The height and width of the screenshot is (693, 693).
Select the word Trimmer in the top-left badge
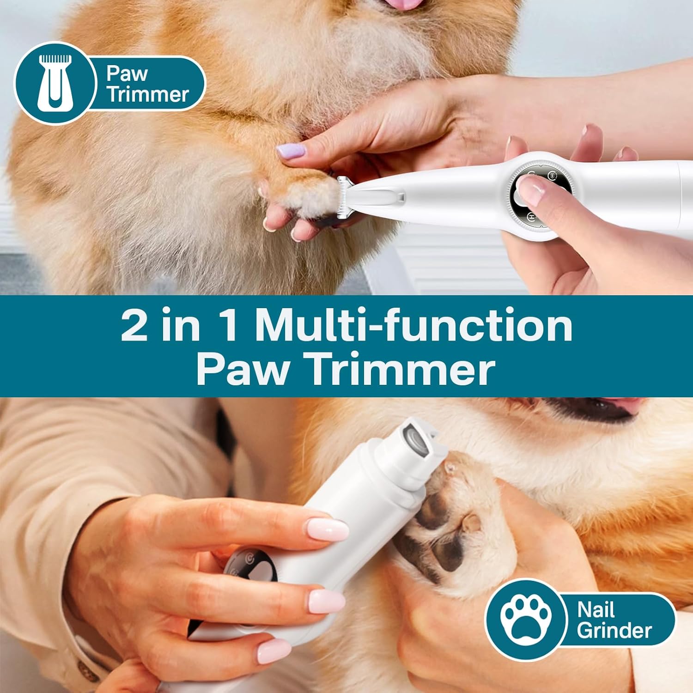pyautogui.click(x=148, y=94)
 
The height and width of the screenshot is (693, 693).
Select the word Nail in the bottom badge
pyautogui.click(x=596, y=610)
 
